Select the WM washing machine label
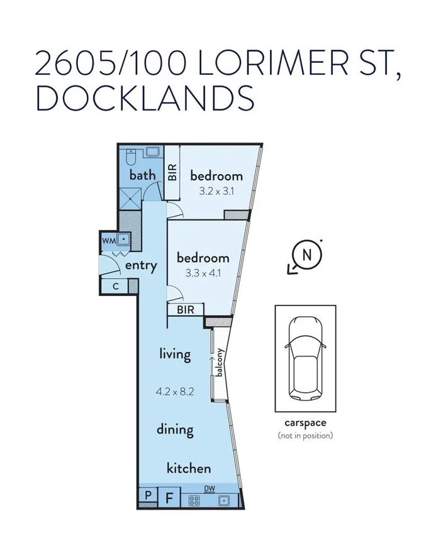pos(109,239)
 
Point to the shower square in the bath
pos(131,201)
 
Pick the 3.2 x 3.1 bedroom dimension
pos(216,192)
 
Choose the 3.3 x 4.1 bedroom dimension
pos(203,273)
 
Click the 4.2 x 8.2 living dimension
pos(174,392)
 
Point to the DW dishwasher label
pos(209,488)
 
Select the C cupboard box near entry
pos(115,287)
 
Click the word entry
pos(140,265)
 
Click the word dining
pos(175,430)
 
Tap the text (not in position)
pos(306,436)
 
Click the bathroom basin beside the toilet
pos(153,152)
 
